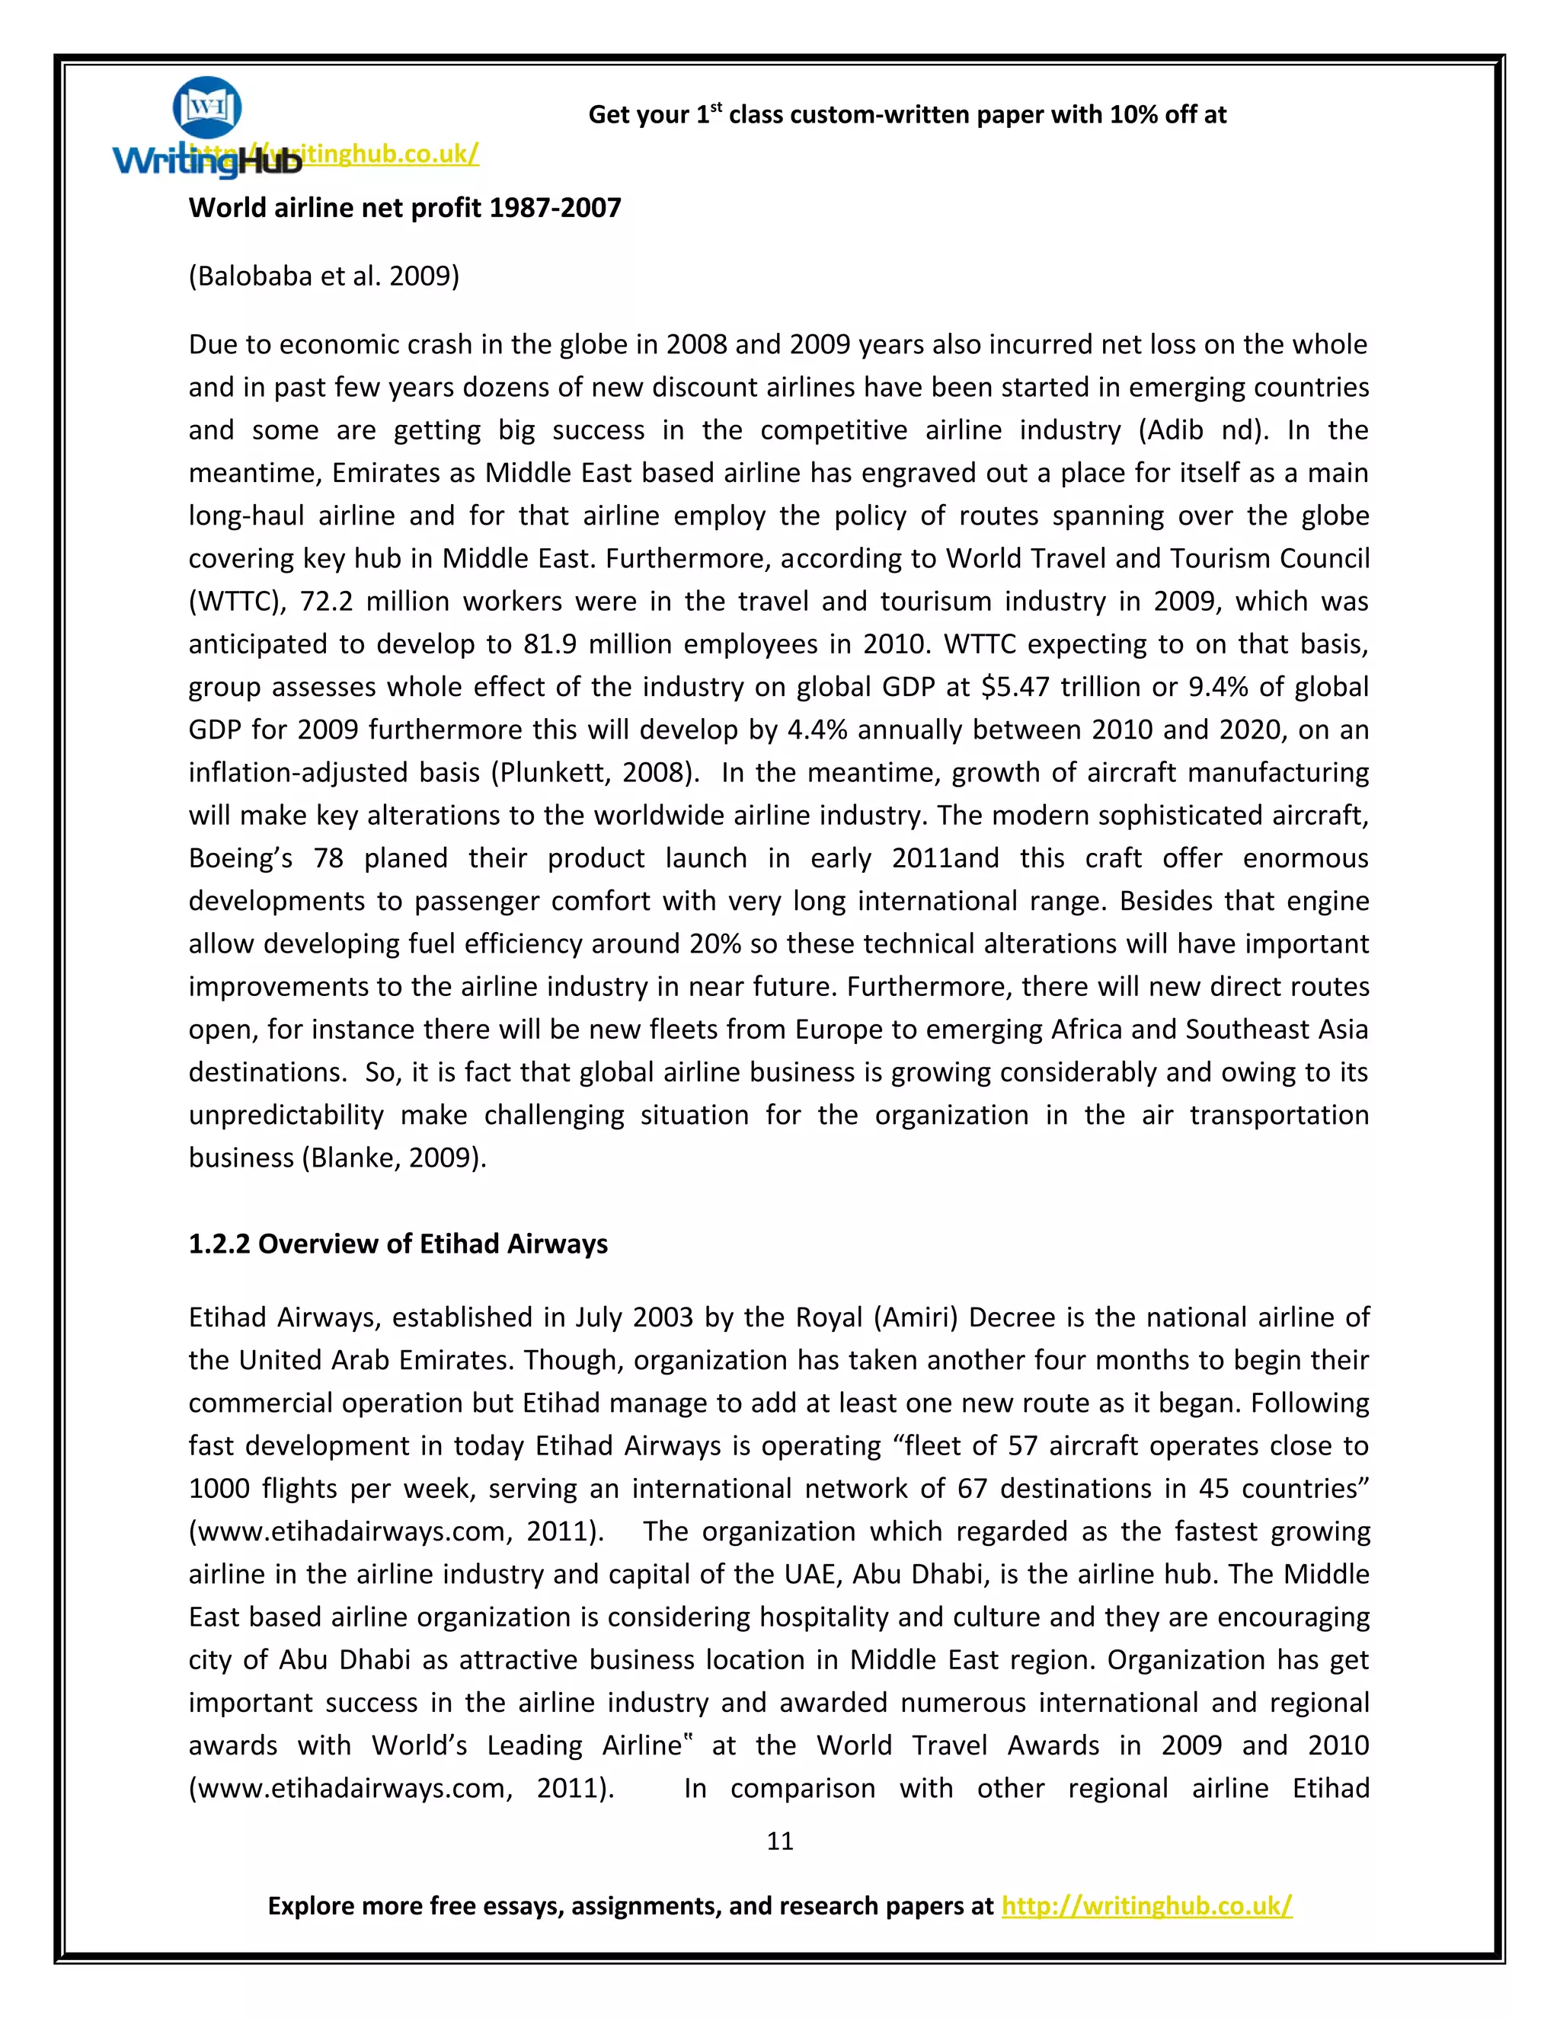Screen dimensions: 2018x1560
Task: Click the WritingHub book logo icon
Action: coord(207,107)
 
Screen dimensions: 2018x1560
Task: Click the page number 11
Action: coord(779,1841)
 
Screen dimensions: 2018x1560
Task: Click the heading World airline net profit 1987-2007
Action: coord(404,207)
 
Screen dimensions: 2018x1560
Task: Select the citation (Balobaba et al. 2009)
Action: coord(324,276)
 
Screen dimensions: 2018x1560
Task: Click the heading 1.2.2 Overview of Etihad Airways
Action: coord(398,1244)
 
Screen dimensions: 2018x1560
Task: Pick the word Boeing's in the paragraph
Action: coord(240,858)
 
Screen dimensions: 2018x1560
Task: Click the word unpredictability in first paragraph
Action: coord(286,1116)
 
